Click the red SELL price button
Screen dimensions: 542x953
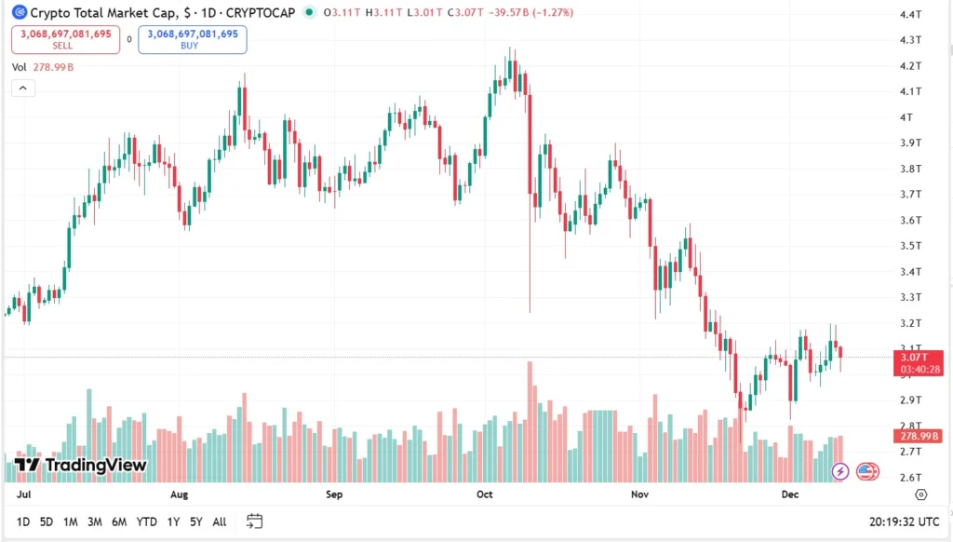[65, 39]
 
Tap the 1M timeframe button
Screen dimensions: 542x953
[70, 522]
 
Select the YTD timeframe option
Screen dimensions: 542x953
[146, 522]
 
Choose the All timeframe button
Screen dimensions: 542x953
[219, 522]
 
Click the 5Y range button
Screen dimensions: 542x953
[195, 522]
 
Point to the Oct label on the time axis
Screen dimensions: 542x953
[484, 495]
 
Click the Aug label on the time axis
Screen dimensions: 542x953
[180, 495]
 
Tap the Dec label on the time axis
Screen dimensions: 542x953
[789, 495]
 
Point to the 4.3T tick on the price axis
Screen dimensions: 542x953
[910, 40]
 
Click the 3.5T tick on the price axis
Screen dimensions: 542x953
[910, 246]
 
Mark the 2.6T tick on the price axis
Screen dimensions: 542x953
[910, 478]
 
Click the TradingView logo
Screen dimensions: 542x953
[80, 465]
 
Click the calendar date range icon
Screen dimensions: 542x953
[254, 522]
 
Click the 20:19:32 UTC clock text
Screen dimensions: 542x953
[904, 522]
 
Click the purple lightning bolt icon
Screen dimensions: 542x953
[839, 471]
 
